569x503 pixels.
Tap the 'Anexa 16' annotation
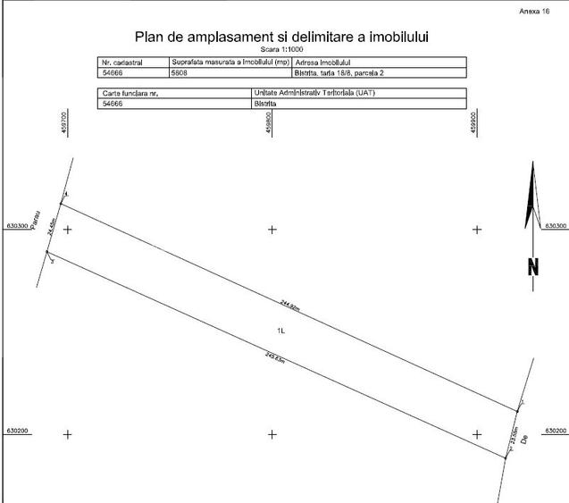click(x=534, y=10)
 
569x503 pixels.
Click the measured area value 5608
click(x=179, y=73)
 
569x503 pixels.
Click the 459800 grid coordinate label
click(x=270, y=123)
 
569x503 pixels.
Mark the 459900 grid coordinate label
click(x=474, y=123)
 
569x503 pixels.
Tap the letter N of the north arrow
click(x=534, y=265)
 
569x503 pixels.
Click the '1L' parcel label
click(x=280, y=330)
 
